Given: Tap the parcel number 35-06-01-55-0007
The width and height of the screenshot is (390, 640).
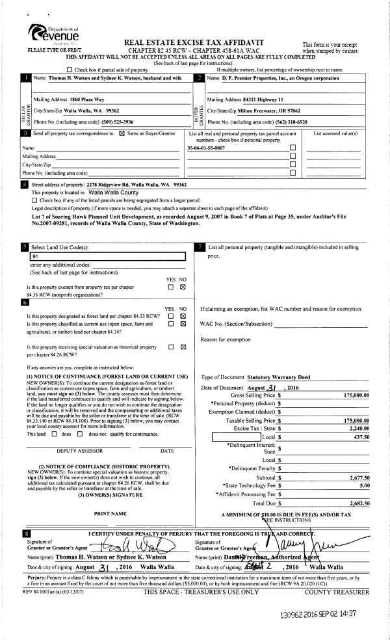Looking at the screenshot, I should (207, 148).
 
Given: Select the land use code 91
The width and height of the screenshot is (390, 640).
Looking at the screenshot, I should (35, 256).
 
